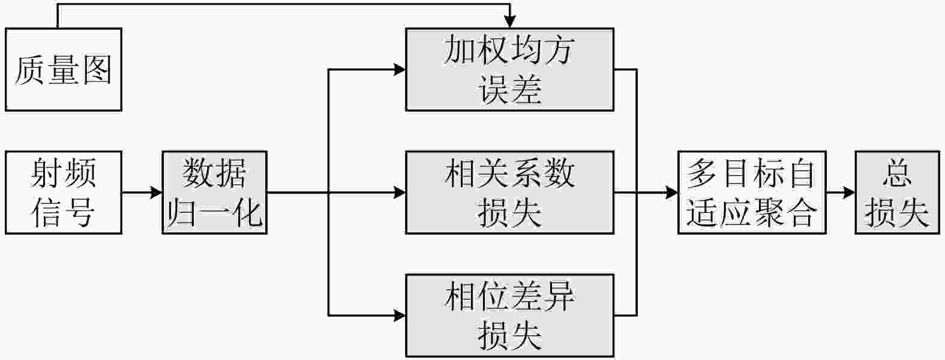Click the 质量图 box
pyautogui.click(x=64, y=70)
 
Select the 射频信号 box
pyautogui.click(x=64, y=193)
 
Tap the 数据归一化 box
pyautogui.click(x=214, y=193)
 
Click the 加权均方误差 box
pyautogui.click(x=509, y=70)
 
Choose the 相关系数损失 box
pyautogui.click(x=509, y=193)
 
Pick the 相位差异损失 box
pyautogui.click(x=509, y=316)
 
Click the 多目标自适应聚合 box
pyautogui.click(x=752, y=193)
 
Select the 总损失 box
pyautogui.click(x=897, y=193)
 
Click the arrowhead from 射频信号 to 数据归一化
pyautogui.click(x=157, y=193)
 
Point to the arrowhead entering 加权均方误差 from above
pyautogui.click(x=509, y=23)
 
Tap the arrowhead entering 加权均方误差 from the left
pyautogui.click(x=400, y=70)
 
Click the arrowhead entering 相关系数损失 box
pyautogui.click(x=400, y=193)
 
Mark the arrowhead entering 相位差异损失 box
pyautogui.click(x=400, y=315)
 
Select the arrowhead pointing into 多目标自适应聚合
pyautogui.click(x=672, y=193)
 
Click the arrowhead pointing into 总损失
pyautogui.click(x=849, y=193)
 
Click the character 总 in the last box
pyautogui.click(x=897, y=174)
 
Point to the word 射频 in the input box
pyautogui.click(x=64, y=174)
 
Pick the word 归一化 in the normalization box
pyautogui.click(x=214, y=212)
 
